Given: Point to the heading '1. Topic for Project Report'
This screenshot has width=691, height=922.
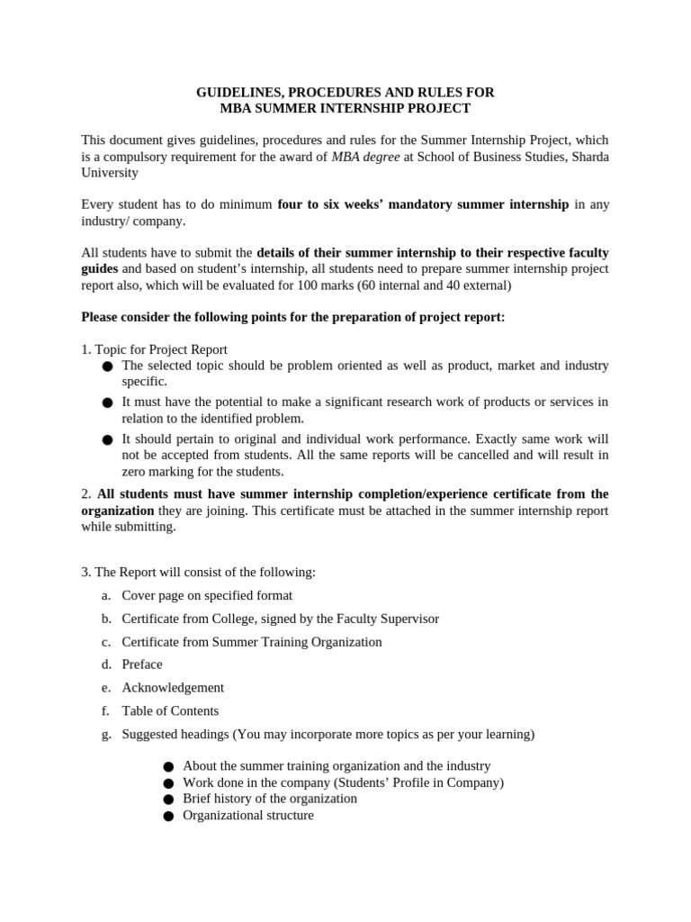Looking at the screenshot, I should point(154,349).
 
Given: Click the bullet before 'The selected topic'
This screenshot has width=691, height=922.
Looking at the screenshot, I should point(108,366).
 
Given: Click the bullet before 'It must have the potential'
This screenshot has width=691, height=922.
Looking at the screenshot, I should point(108,402).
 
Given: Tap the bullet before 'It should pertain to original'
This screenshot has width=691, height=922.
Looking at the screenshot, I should point(108,439).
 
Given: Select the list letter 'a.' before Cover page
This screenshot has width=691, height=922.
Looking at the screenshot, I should point(106,595).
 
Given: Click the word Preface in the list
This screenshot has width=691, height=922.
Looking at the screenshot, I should point(142,664).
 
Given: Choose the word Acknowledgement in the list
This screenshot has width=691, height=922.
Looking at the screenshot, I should point(173,687).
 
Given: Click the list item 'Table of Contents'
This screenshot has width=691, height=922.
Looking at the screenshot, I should point(170,710).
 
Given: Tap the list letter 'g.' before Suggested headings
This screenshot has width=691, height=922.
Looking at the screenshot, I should point(106,734).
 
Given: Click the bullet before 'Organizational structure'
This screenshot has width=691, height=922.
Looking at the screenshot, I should point(168,816).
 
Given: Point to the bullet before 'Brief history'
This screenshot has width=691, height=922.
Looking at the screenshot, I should point(168,799).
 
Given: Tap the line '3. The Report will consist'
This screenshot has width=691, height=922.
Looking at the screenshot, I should point(199,572).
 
